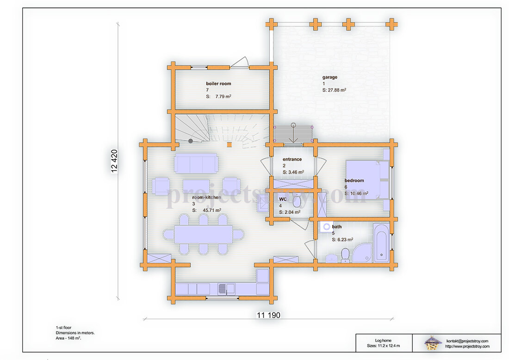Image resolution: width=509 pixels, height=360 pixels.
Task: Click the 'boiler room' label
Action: pos(218,83)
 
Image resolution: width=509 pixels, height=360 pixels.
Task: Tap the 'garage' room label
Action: pos(330,77)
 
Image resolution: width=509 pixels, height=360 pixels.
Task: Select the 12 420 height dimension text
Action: pos(114,161)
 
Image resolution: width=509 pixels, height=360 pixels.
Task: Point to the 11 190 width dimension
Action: pos(268,315)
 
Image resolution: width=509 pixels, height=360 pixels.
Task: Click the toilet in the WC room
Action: pos(297,200)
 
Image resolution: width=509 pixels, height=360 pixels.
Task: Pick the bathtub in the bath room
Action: pos(381,242)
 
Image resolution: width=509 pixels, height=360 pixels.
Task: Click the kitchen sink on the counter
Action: pos(226,289)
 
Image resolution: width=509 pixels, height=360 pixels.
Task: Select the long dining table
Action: pos(204,234)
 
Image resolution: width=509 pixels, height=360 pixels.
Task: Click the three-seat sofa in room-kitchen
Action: pos(196,163)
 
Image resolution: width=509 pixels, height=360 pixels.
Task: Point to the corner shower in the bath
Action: pos(362,253)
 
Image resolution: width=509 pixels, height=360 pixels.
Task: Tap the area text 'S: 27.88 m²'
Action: pos(334,90)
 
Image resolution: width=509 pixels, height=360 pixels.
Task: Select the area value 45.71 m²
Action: pos(212,210)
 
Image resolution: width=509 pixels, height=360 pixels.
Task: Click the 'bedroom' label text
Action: pos(354,180)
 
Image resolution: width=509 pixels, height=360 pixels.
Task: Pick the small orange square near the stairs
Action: pos(229,145)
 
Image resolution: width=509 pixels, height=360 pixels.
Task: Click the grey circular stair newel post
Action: pos(191,141)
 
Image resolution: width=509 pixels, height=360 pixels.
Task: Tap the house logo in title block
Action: pos(433,343)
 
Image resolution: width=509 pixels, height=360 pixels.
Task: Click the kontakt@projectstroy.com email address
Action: pos(467,341)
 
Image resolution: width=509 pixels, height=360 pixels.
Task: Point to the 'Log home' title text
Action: pos(383,340)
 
